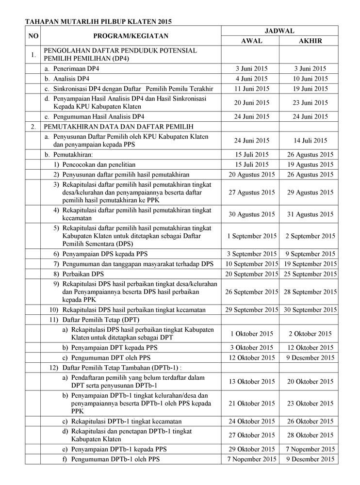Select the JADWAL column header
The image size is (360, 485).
point(279,31)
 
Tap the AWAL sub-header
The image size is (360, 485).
point(251,41)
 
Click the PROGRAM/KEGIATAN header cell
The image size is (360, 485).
point(130,36)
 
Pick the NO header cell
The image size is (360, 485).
point(33,36)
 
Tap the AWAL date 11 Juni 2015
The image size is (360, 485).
point(251,89)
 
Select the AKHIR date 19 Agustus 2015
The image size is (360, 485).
point(308,164)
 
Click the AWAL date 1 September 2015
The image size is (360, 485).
point(251,236)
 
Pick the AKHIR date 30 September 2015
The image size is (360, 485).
point(308,309)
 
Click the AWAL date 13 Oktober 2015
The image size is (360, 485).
point(251,381)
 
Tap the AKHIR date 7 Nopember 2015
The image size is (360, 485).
point(308,449)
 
